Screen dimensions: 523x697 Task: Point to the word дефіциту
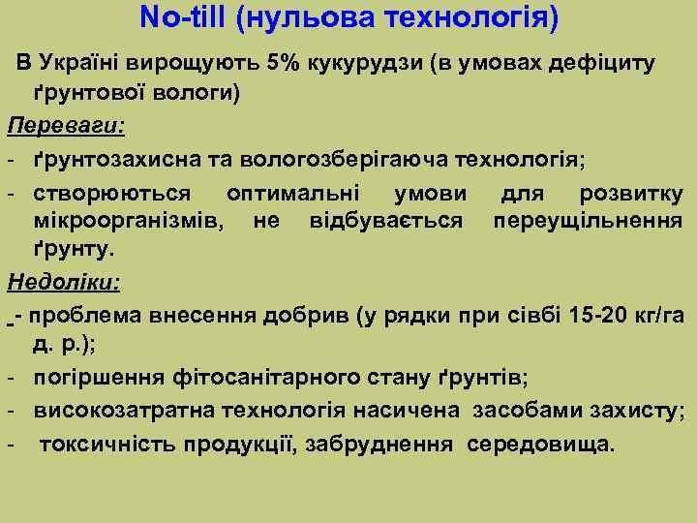click(x=599, y=64)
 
